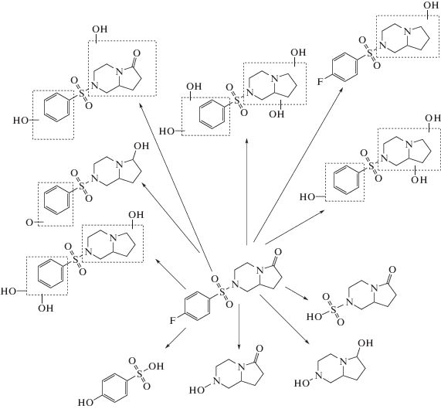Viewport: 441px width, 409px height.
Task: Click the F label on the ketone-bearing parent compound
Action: pos(173,321)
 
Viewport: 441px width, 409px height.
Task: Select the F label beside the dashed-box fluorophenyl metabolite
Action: pos(321,82)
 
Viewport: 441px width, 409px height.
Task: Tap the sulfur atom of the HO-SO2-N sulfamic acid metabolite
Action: pos(334,309)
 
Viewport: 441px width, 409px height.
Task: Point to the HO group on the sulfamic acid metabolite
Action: pos(314,317)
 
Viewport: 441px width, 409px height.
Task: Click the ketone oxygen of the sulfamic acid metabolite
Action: pos(392,270)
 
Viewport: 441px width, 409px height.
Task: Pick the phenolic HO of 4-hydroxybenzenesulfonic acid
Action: pos(86,403)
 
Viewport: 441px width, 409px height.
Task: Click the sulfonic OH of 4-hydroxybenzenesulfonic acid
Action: pos(156,366)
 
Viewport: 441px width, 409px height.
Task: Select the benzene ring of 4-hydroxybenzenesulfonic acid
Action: pos(115,387)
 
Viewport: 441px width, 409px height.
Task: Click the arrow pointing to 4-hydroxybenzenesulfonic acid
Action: pos(176,338)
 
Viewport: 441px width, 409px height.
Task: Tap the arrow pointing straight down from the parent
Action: pos(239,327)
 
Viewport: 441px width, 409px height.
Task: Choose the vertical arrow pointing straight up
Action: pos(246,192)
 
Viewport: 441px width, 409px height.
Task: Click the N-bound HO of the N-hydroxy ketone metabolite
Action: pos(197,390)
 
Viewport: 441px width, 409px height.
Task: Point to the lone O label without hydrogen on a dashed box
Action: pos(29,223)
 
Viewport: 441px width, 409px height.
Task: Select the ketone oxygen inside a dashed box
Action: pos(137,53)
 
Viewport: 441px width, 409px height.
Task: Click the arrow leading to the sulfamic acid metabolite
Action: pos(296,293)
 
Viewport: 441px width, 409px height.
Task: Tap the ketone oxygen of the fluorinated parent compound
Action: pos(277,251)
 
